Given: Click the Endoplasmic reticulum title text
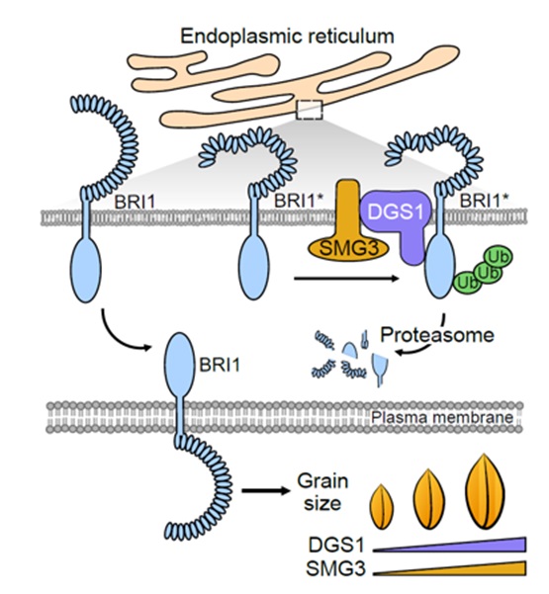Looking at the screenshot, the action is coord(287,37).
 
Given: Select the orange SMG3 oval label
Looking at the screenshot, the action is coord(348,249).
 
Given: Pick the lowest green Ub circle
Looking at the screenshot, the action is coord(466,283).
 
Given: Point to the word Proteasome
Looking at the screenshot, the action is coord(437,335).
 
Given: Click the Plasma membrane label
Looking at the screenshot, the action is coord(442,417).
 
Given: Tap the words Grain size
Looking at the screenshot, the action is coord(322,492).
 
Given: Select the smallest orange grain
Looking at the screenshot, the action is coord(382,506).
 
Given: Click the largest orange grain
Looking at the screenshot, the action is coord(486,491).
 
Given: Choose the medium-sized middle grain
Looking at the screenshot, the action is coord(429,499).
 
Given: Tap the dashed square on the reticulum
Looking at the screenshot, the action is coord(310,111).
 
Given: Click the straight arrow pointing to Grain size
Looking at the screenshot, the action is coord(266,491).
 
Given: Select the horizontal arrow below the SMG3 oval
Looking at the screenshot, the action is coord(346,279).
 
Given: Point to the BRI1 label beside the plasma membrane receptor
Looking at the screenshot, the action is coord(220,365).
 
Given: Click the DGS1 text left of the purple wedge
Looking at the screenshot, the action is coord(336,546).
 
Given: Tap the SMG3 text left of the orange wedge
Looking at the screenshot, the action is coord(336,568).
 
